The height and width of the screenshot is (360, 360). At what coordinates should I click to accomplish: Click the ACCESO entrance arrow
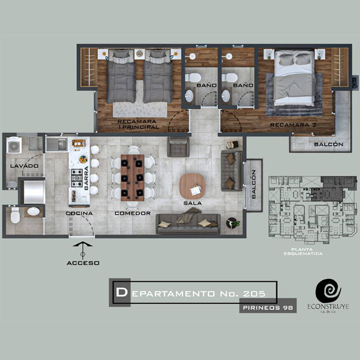pyautogui.click(x=83, y=251)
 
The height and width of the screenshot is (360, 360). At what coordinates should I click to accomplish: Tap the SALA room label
pyautogui.click(x=193, y=203)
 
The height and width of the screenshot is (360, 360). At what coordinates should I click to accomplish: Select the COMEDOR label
pyautogui.click(x=133, y=213)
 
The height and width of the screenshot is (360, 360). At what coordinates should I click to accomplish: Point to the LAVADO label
pyautogui.click(x=24, y=166)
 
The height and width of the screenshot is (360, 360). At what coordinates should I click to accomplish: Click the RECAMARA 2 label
pyautogui.click(x=293, y=125)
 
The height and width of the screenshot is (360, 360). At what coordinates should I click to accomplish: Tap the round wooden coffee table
pyautogui.click(x=192, y=186)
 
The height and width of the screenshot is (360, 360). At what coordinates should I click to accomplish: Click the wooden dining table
pyautogui.click(x=132, y=178)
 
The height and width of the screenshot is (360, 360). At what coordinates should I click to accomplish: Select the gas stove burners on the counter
pyautogui.click(x=76, y=178)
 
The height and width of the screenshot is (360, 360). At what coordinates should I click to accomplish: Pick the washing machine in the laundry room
pyautogui.click(x=14, y=145)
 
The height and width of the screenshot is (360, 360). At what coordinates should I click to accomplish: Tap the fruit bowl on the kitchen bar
pyautogui.click(x=83, y=159)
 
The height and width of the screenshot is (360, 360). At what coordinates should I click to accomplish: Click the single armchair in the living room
pyautogui.click(x=178, y=147)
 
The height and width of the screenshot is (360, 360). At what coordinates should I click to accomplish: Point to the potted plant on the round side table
pyautogui.click(x=235, y=223)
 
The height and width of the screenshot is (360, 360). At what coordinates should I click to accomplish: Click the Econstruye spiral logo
pyautogui.click(x=328, y=291)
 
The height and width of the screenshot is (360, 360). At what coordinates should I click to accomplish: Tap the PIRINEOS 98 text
pyautogui.click(x=268, y=308)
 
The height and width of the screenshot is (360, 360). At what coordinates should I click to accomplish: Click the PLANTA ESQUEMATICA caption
pyautogui.click(x=303, y=252)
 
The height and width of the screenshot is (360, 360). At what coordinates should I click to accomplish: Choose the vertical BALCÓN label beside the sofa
pyautogui.click(x=254, y=184)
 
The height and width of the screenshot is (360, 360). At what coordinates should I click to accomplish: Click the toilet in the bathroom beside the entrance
pyautogui.click(x=15, y=216)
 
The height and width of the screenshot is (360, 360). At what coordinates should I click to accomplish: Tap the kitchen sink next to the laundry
pyautogui.click(x=57, y=144)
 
